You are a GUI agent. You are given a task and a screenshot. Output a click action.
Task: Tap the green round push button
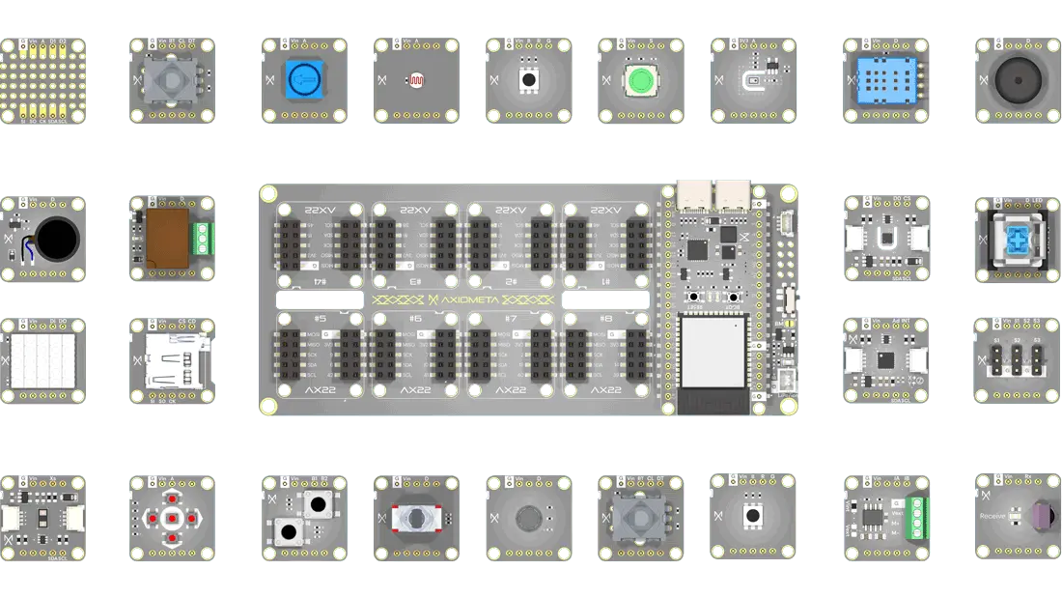pyautogui.click(x=641, y=80)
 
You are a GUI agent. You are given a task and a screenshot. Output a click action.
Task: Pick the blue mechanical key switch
pyautogui.click(x=1018, y=239)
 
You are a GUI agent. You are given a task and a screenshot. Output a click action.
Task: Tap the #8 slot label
pyautogui.click(x=605, y=318)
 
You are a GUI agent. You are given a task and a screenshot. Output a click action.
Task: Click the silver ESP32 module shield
pyautogui.click(x=714, y=353)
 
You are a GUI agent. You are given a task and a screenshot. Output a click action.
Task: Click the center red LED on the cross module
pyautogui.click(x=170, y=519)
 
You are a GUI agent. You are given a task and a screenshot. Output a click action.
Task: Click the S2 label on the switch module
pyautogui.click(x=1017, y=341)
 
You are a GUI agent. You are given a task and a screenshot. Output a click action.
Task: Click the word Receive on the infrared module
pyautogui.click(x=992, y=517)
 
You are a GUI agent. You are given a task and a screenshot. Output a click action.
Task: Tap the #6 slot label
pyautogui.click(x=415, y=318)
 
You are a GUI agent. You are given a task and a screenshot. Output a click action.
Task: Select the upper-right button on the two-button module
pyautogui.click(x=317, y=503)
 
